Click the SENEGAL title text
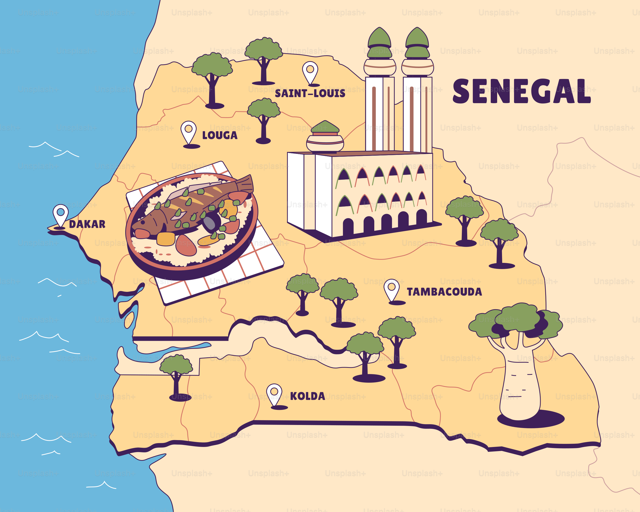click(521, 91)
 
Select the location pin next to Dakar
click(61, 215)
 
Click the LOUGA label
click(220, 135)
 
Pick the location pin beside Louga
click(188, 132)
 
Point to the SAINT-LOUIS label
click(310, 93)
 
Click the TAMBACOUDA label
click(444, 292)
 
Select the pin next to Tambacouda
click(391, 289)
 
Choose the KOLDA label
click(307, 396)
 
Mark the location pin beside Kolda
click(274, 394)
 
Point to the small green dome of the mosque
click(325, 127)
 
